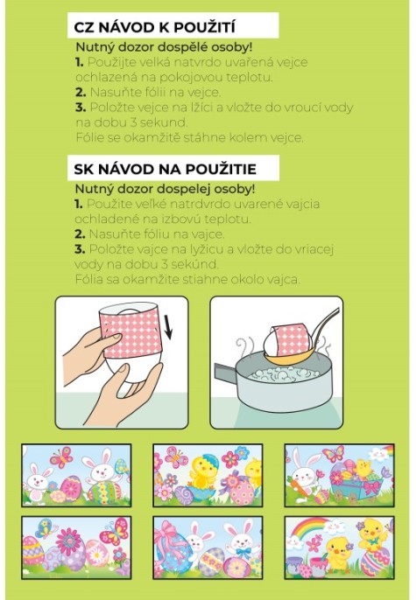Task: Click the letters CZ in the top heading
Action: tap(82, 27)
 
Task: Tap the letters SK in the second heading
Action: tap(83, 169)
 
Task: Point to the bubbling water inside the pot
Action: tap(285, 373)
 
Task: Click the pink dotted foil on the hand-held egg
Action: tap(131, 332)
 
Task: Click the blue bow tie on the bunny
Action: tap(243, 553)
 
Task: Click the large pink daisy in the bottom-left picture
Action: tap(69, 541)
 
